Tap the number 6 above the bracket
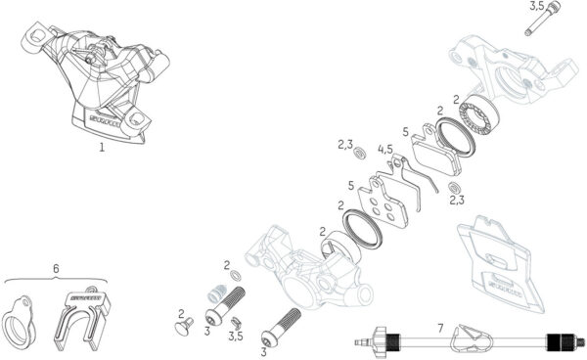pyautogui.click(x=56, y=268)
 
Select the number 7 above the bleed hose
pyautogui.click(x=440, y=327)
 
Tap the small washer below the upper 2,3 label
pyautogui.click(x=358, y=155)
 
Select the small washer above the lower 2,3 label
pyautogui.click(x=454, y=186)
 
